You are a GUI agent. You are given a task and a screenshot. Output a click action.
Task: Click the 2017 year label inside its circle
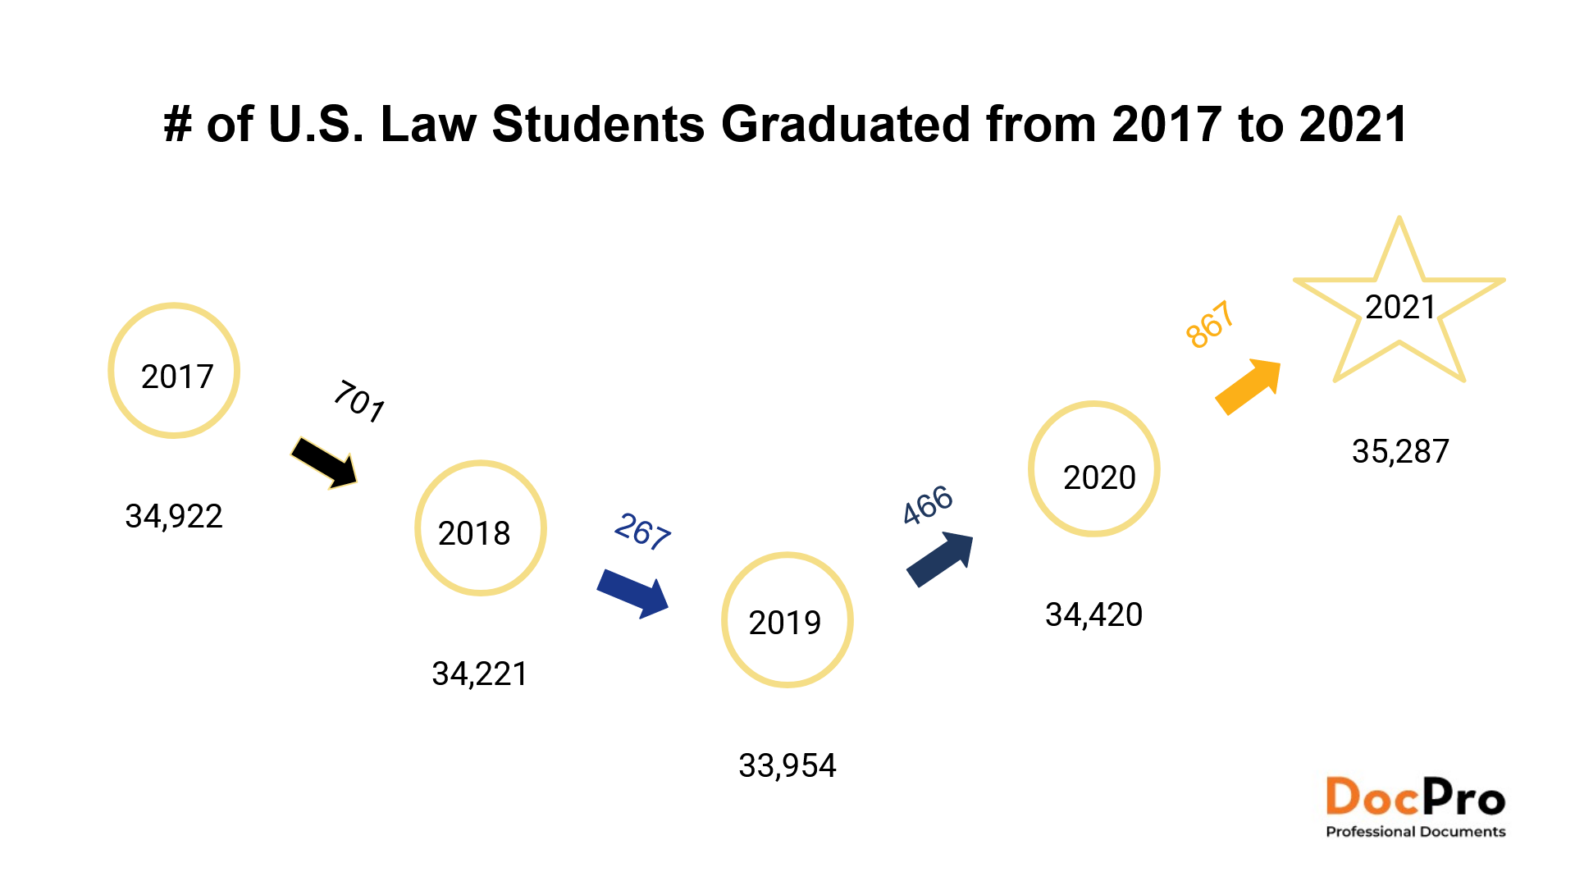[x=177, y=377]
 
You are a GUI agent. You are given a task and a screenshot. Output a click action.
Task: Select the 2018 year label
[x=474, y=533]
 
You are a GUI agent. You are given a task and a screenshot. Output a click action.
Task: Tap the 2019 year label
[x=785, y=623]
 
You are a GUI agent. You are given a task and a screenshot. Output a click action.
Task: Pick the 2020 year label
[x=1099, y=477]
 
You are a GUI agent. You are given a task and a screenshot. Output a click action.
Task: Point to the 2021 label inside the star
[x=1400, y=308]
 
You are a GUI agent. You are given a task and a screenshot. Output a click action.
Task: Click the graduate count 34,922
[x=174, y=517]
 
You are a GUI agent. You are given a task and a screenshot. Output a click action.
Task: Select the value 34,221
[x=480, y=674]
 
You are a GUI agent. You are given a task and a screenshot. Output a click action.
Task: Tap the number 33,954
[x=787, y=766]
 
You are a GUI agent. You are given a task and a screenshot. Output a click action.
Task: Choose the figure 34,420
[x=1094, y=615]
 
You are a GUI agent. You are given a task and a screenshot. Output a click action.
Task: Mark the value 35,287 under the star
[x=1400, y=452]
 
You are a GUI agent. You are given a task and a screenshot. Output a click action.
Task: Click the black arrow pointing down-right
[x=325, y=463]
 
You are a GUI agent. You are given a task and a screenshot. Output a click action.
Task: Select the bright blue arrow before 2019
[x=633, y=593]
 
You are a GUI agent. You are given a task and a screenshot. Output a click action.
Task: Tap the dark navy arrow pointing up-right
[x=940, y=559]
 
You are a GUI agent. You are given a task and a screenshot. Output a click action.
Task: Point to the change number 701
[x=359, y=401]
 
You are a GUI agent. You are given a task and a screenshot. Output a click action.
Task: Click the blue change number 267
[x=643, y=532]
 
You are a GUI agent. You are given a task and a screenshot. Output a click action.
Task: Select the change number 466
[x=928, y=505]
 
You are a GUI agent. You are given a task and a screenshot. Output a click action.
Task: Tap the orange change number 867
[x=1211, y=324]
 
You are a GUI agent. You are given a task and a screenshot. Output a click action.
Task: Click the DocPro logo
[x=1416, y=807]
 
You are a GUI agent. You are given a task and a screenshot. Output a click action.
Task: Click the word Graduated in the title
[x=847, y=125]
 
